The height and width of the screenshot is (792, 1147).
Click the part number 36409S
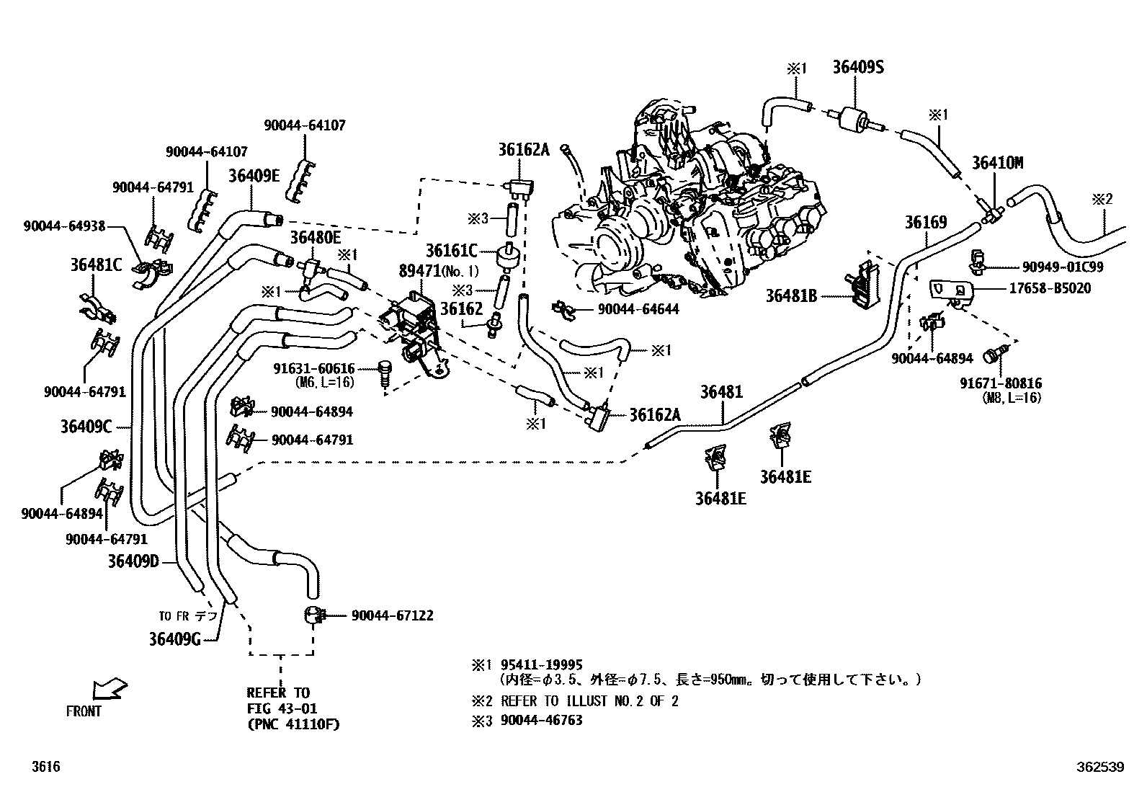click(858, 67)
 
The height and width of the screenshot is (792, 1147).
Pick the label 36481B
click(791, 295)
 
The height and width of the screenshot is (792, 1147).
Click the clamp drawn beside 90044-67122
click(313, 615)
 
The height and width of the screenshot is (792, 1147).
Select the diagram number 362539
click(1099, 767)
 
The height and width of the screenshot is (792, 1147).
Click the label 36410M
click(997, 163)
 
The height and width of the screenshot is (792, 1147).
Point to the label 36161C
click(451, 250)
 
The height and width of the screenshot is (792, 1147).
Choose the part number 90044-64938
click(64, 226)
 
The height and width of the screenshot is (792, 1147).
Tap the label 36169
click(926, 222)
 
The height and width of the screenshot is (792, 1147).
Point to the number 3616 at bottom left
click(45, 767)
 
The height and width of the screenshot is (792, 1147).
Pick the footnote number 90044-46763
click(542, 720)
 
